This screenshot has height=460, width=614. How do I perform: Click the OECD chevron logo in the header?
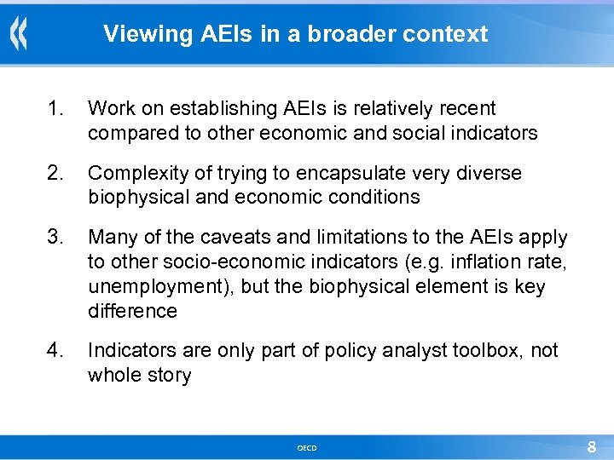18,35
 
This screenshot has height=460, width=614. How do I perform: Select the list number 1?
55,109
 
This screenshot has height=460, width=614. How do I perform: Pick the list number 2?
55,173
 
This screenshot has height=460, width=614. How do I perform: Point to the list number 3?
55,237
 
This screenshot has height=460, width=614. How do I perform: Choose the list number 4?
55,350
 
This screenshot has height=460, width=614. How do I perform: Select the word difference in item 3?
132,311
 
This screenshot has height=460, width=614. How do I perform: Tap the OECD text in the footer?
307,448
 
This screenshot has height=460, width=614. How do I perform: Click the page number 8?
592,447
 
